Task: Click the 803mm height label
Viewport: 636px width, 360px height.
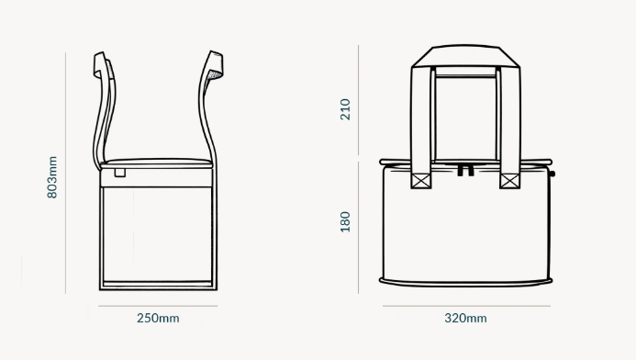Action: pos(52,175)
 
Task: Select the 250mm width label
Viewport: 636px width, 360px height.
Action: pos(158,318)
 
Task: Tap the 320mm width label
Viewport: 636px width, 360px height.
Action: pos(465,318)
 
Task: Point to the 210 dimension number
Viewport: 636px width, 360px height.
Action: pos(345,109)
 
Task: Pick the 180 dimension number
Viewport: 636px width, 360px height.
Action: pos(345,222)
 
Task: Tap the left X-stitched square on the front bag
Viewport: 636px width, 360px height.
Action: pos(420,181)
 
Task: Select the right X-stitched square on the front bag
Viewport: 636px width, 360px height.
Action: pos(510,181)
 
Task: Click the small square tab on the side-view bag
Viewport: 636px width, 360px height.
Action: pos(120,172)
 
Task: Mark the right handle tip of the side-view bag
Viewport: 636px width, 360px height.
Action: pos(215,63)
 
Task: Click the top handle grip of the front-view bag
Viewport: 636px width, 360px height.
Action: pos(465,57)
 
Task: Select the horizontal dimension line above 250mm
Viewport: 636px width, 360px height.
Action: pos(158,305)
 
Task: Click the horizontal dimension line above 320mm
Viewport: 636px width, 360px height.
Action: pos(465,305)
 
